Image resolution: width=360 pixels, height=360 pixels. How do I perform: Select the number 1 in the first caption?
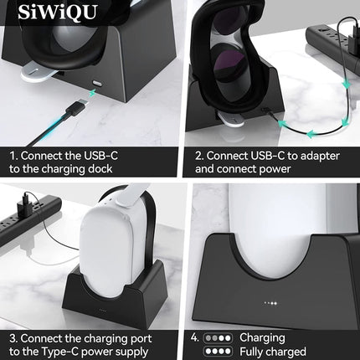point(13,156)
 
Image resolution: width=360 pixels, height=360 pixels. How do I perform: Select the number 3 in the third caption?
point(13,338)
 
